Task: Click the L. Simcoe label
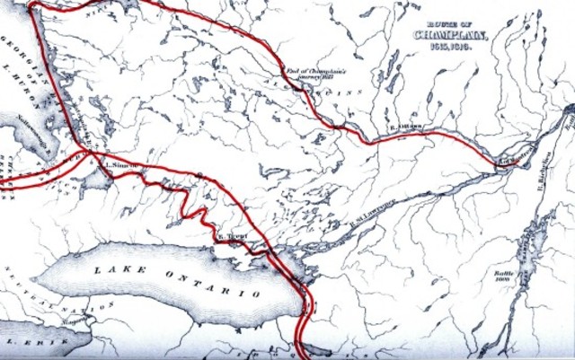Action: pos(120,165)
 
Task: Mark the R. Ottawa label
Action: pos(406,129)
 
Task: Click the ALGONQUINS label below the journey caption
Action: pos(323,90)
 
